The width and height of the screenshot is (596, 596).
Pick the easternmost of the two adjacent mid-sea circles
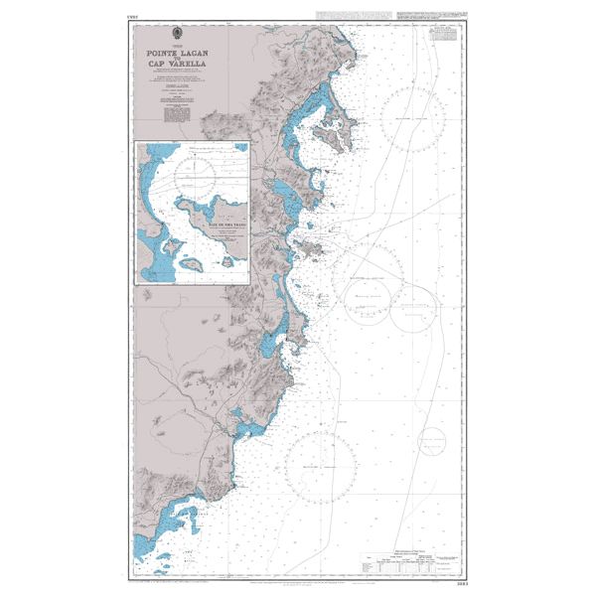point(413,307)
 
